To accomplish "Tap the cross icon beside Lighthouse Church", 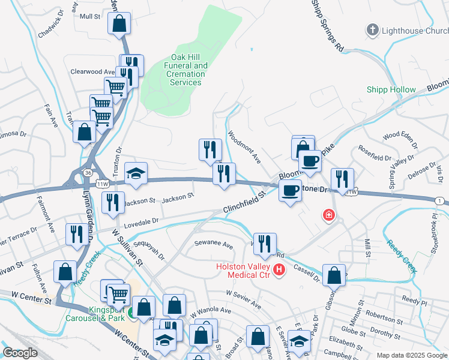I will [372, 29].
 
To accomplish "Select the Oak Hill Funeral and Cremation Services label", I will [185, 74].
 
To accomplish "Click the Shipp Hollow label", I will [391, 89].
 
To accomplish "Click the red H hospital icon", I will [279, 271].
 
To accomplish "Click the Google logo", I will [20, 353].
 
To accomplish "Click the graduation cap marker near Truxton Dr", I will [136, 173].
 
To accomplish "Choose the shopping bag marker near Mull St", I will [119, 23].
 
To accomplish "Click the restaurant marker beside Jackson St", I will [113, 202].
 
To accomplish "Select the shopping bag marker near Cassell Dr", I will [334, 275].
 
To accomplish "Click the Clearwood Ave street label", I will [92, 71].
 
